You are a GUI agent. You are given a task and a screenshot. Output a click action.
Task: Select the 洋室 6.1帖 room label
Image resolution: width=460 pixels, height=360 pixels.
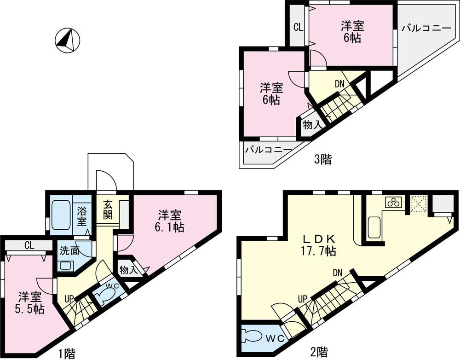tap(169, 221)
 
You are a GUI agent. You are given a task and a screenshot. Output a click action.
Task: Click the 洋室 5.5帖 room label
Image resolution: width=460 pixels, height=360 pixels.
tap(31, 302)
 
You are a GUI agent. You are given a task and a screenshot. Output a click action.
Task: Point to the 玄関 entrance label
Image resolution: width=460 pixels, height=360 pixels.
tap(108, 209)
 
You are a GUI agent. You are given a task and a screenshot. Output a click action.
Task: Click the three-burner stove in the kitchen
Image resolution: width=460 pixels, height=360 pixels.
tap(394, 202)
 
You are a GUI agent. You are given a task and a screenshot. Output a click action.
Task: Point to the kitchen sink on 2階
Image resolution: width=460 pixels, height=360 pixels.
tap(374, 227)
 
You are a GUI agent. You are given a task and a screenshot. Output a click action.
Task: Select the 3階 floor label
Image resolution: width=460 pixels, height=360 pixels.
tap(322, 160)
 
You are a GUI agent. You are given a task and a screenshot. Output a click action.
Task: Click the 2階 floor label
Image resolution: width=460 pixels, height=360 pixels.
tap(318, 353)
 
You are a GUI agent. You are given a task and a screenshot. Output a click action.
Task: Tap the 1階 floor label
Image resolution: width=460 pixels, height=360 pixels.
tap(67, 354)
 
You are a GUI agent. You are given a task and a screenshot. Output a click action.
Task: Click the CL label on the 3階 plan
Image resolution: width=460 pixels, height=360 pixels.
tap(298, 27)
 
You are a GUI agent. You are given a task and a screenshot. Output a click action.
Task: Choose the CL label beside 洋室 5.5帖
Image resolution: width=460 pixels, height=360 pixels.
tap(29, 245)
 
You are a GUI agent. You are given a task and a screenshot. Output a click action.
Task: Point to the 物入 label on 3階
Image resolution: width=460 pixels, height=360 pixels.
tap(311, 125)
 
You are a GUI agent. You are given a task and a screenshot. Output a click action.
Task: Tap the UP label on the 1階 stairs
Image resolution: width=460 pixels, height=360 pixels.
tap(69, 298)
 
